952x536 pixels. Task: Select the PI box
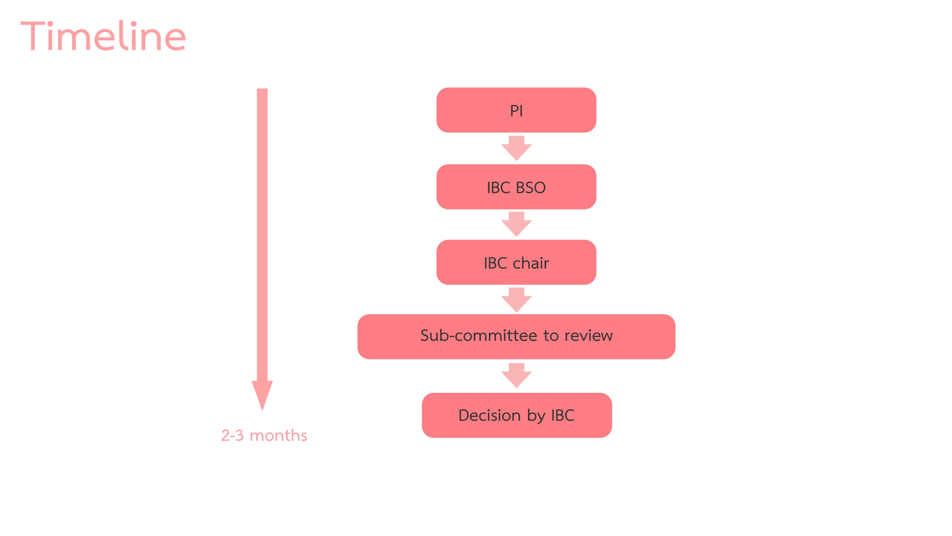pos(516,110)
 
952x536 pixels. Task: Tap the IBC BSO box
pos(516,187)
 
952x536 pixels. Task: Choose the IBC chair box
pos(516,262)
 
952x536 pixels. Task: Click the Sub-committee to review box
pos(516,337)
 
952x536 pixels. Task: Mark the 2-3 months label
pos(264,435)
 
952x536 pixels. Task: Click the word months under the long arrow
pos(278,435)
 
